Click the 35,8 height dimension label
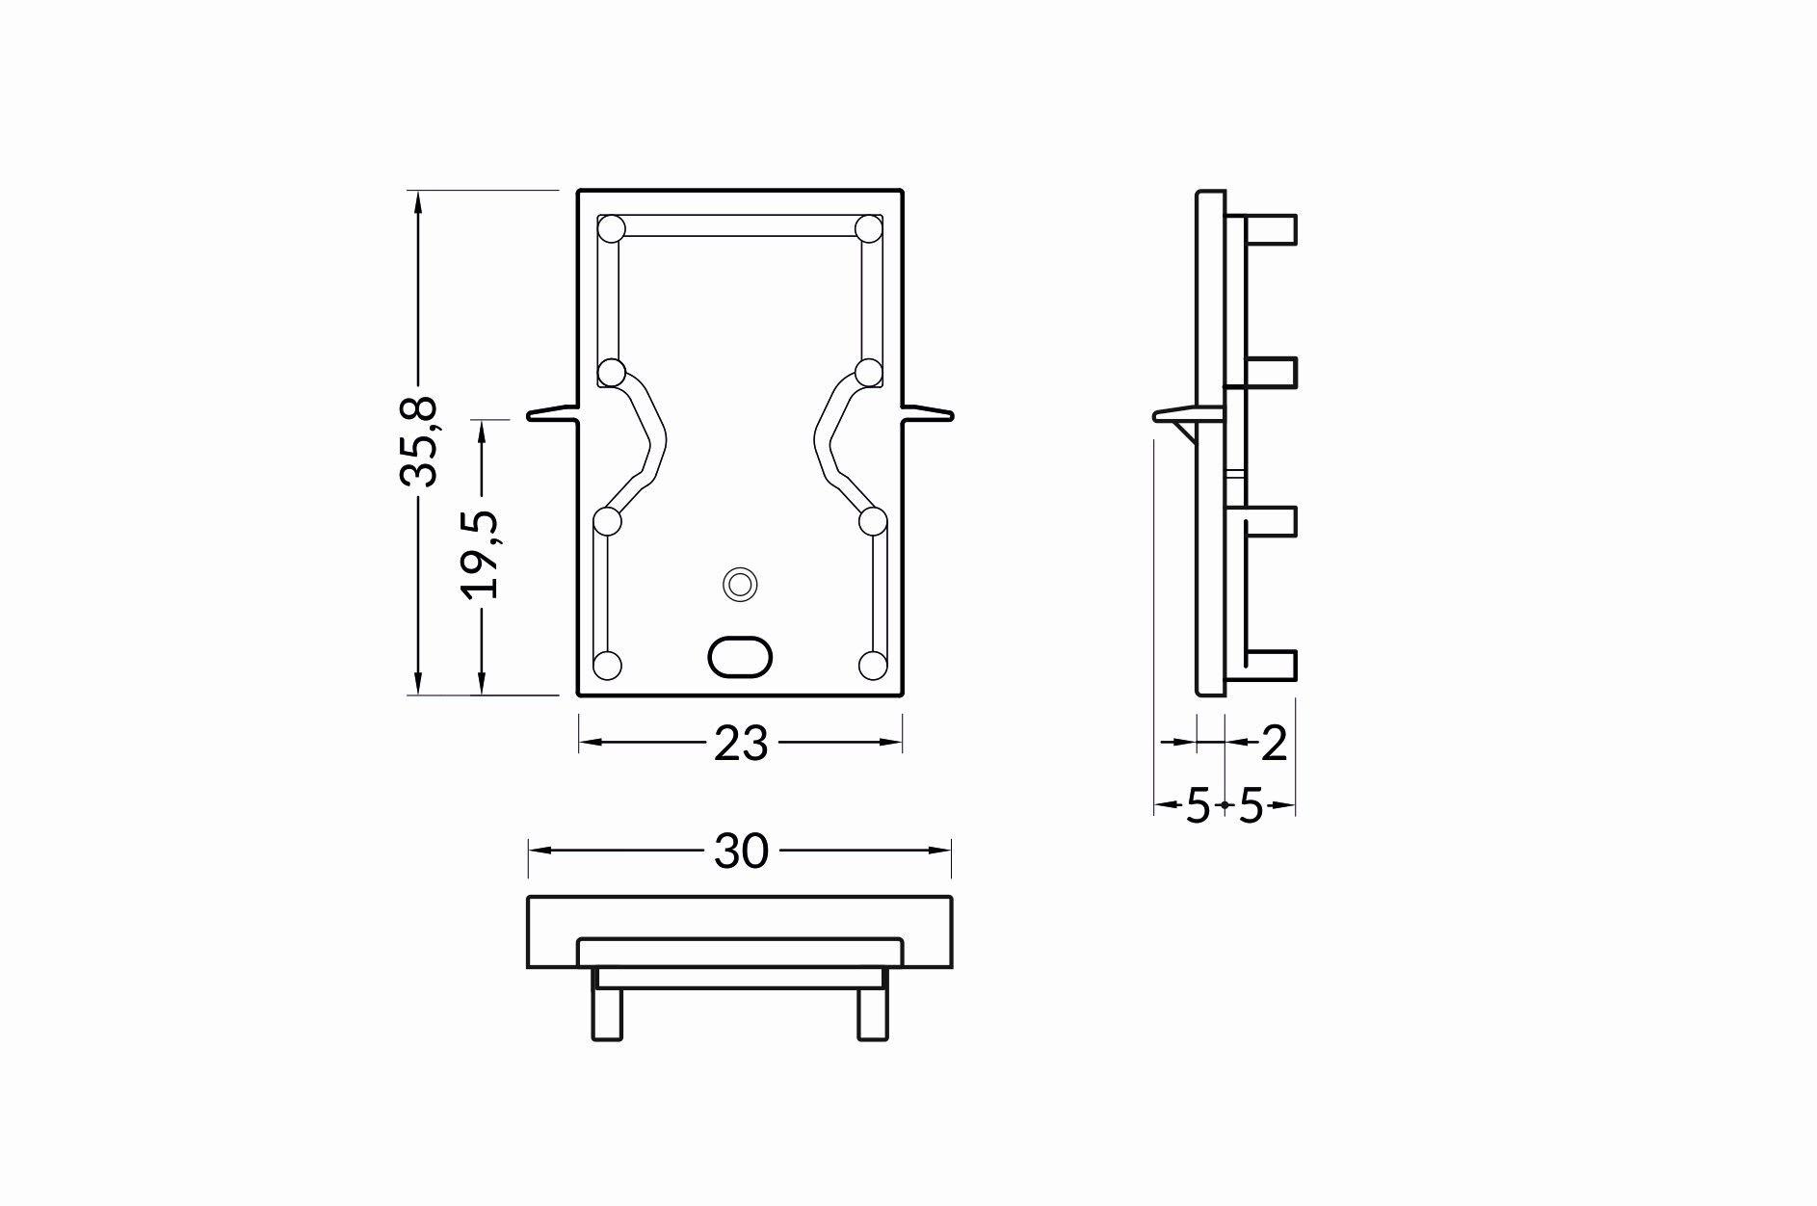pos(419,440)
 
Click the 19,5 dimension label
pos(479,555)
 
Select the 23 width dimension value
pos(740,744)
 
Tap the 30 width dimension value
pos(741,852)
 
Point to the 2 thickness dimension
pos(1274,744)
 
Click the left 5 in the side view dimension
pos(1197,806)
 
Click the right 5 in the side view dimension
pos(1250,806)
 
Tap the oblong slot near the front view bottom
pos(740,657)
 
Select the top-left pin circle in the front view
pos(612,229)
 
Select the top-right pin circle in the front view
pos(869,229)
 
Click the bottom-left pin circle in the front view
pos(608,665)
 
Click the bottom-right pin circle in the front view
pos(872,665)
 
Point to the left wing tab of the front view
pos(553,414)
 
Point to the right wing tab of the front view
pos(928,414)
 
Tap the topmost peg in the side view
pos(1272,228)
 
